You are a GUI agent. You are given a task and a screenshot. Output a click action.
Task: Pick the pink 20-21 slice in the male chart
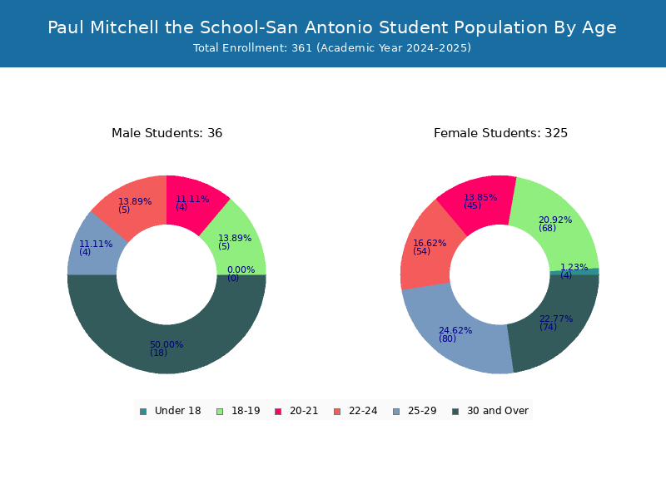pos(193,201)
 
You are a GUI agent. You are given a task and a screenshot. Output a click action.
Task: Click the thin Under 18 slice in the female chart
pos(574,271)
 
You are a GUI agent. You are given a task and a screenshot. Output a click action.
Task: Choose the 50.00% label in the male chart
pos(166,344)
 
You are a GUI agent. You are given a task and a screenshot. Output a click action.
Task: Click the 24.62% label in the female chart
pos(455,330)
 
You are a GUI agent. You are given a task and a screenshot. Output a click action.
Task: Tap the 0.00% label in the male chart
pos(241,269)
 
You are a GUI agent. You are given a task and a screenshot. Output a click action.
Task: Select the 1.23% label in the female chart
pos(574,267)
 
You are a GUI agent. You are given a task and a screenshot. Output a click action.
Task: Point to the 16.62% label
pos(430,243)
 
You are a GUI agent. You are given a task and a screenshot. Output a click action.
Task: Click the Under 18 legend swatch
pos(143,412)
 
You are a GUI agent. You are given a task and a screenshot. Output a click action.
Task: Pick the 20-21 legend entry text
pos(304,411)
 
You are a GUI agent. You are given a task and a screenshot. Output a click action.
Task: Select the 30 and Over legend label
pos(498,411)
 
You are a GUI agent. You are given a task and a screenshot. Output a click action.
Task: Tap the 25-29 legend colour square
pos(397,412)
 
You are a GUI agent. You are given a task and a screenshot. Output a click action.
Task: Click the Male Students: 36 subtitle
pos(167,133)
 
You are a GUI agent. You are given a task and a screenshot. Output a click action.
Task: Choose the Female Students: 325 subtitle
pos(500,133)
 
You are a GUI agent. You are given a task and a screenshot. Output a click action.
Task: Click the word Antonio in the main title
pos(340,27)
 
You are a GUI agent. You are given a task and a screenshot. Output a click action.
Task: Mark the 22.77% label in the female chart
pos(556,319)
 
